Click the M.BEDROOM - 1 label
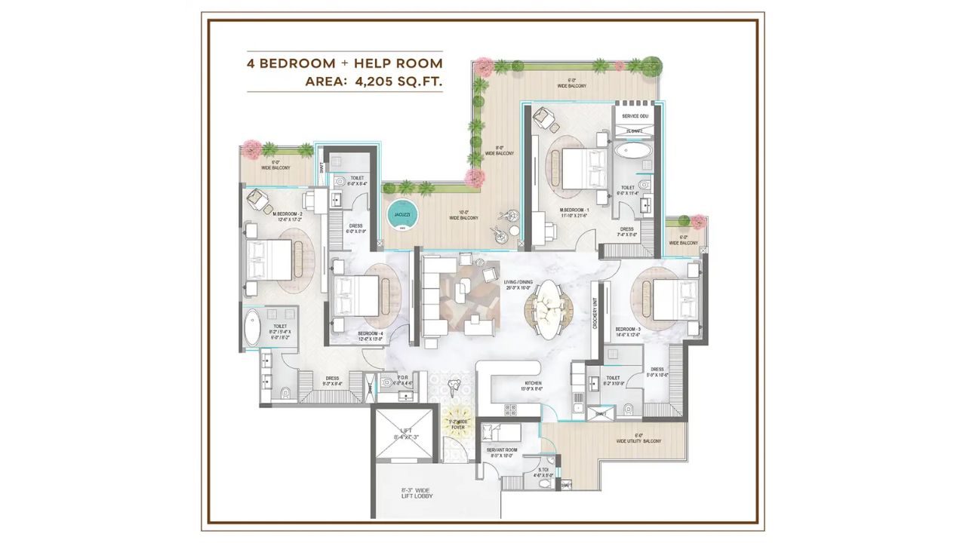point(579,210)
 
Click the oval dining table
point(550,308)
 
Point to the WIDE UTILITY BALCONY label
point(638,440)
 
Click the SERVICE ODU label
point(635,116)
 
